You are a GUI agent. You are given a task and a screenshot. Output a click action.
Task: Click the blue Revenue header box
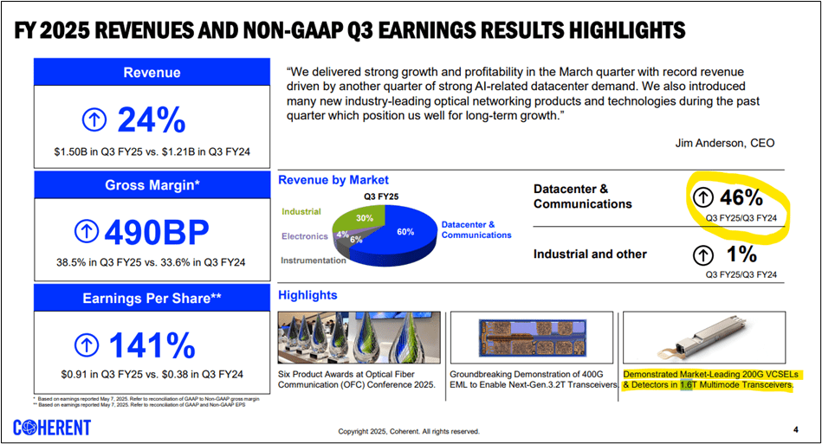151,73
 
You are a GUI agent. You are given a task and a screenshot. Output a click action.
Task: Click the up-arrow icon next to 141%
87,344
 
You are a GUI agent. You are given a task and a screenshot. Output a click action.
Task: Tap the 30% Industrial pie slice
365,218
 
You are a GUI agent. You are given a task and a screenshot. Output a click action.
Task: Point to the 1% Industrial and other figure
741,254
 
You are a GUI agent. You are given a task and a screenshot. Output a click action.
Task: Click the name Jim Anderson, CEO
725,143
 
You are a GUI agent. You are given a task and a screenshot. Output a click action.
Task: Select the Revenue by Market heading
333,180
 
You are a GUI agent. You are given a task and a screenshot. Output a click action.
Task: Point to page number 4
795,429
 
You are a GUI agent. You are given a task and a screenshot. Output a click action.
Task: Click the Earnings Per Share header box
151,298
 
